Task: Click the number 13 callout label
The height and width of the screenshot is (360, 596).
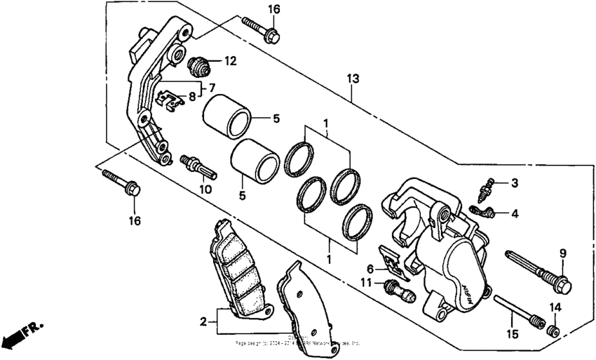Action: coord(353,78)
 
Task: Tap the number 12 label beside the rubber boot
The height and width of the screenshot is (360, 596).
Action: coord(230,61)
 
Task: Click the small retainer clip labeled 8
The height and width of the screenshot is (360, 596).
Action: coord(170,100)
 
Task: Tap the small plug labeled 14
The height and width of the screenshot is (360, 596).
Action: coord(553,330)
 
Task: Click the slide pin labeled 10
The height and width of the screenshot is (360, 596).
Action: coord(200,166)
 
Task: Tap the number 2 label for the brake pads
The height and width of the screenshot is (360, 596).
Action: coord(203,322)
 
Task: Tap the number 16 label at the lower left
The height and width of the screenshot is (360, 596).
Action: coord(134,221)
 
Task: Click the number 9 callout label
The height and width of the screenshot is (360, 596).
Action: coord(562,253)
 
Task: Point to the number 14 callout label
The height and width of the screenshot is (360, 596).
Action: coord(555,307)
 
